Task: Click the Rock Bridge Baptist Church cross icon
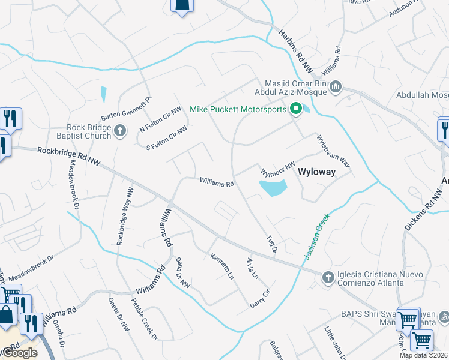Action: (x=121, y=130)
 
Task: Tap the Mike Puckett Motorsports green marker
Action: (x=295, y=109)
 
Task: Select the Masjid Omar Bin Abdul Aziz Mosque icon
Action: (x=336, y=88)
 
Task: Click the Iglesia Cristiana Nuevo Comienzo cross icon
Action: (x=328, y=277)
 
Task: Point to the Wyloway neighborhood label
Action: (x=316, y=172)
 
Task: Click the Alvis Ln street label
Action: (x=252, y=268)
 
